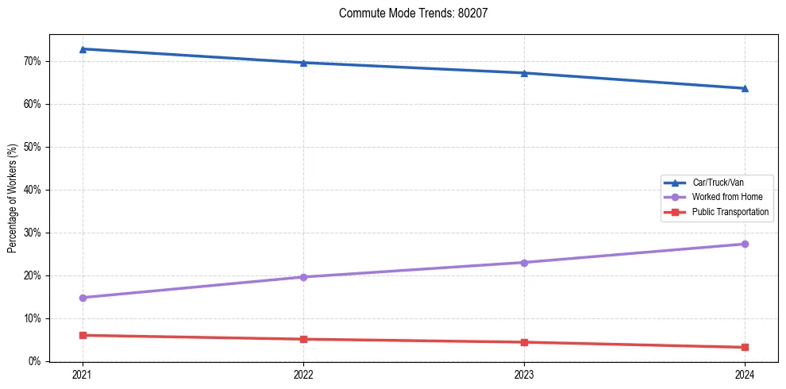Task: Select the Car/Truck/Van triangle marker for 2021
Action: [x=83, y=49]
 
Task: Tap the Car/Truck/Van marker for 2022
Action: [x=303, y=63]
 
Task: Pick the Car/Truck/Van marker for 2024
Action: [x=745, y=88]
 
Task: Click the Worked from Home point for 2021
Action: [x=83, y=298]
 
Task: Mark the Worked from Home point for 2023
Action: [x=524, y=262]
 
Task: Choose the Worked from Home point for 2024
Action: [x=745, y=244]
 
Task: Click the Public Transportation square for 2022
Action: [x=303, y=339]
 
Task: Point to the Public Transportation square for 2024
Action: [x=745, y=347]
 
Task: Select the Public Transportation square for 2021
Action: [x=83, y=335]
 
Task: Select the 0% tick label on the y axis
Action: [x=34, y=361]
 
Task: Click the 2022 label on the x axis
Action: [x=303, y=375]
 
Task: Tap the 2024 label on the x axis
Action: [x=745, y=375]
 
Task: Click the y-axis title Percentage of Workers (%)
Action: [x=13, y=198]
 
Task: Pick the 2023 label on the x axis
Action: [x=524, y=375]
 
